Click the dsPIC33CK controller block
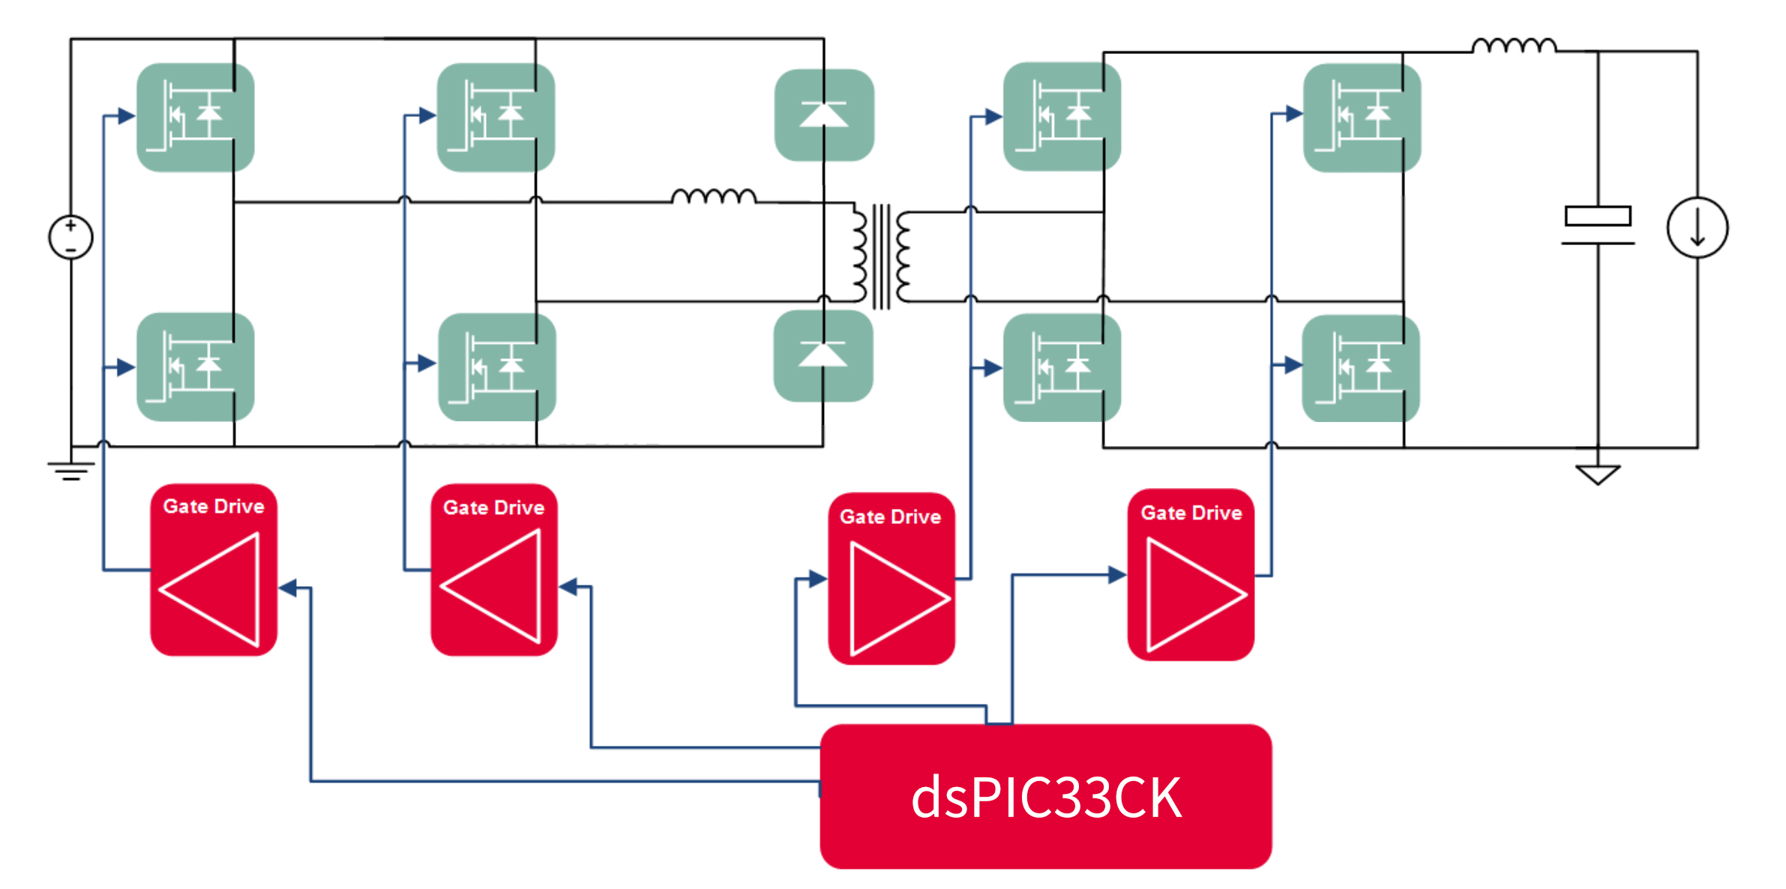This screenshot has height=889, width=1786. (1045, 796)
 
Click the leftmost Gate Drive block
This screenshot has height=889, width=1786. (214, 570)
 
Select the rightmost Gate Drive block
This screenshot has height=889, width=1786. (1191, 575)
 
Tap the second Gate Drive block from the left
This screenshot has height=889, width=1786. (494, 570)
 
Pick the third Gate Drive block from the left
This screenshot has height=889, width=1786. (891, 579)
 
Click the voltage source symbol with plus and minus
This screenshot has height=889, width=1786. (70, 238)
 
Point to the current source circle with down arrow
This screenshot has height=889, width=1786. (1697, 228)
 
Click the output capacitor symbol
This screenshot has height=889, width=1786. (1598, 226)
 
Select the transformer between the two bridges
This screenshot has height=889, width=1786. (882, 256)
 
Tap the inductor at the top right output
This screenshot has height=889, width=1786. (1514, 46)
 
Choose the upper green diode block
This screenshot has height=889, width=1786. (824, 115)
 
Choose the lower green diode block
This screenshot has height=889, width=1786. (823, 356)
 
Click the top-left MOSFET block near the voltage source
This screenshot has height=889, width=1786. (195, 118)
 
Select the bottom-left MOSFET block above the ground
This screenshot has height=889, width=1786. (195, 367)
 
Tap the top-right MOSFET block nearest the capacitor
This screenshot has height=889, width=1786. (1362, 118)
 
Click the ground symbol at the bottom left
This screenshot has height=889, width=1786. (71, 470)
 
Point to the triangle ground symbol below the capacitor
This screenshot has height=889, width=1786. (1598, 474)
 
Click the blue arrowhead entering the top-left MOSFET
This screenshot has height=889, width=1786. (126, 116)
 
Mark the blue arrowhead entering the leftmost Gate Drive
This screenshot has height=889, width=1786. (288, 588)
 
